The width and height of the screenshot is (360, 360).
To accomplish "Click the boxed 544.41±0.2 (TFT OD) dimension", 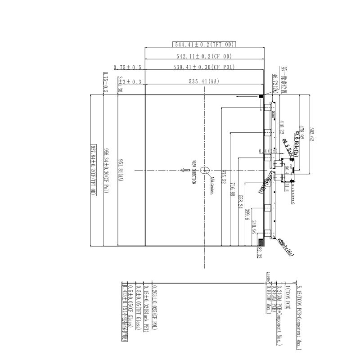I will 205,44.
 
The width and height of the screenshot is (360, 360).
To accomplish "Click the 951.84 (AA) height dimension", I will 120,170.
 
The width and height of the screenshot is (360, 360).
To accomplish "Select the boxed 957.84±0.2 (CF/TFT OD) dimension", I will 94,170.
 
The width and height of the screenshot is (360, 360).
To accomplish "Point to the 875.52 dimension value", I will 223,176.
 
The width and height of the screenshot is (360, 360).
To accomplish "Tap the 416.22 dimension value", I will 281,127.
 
